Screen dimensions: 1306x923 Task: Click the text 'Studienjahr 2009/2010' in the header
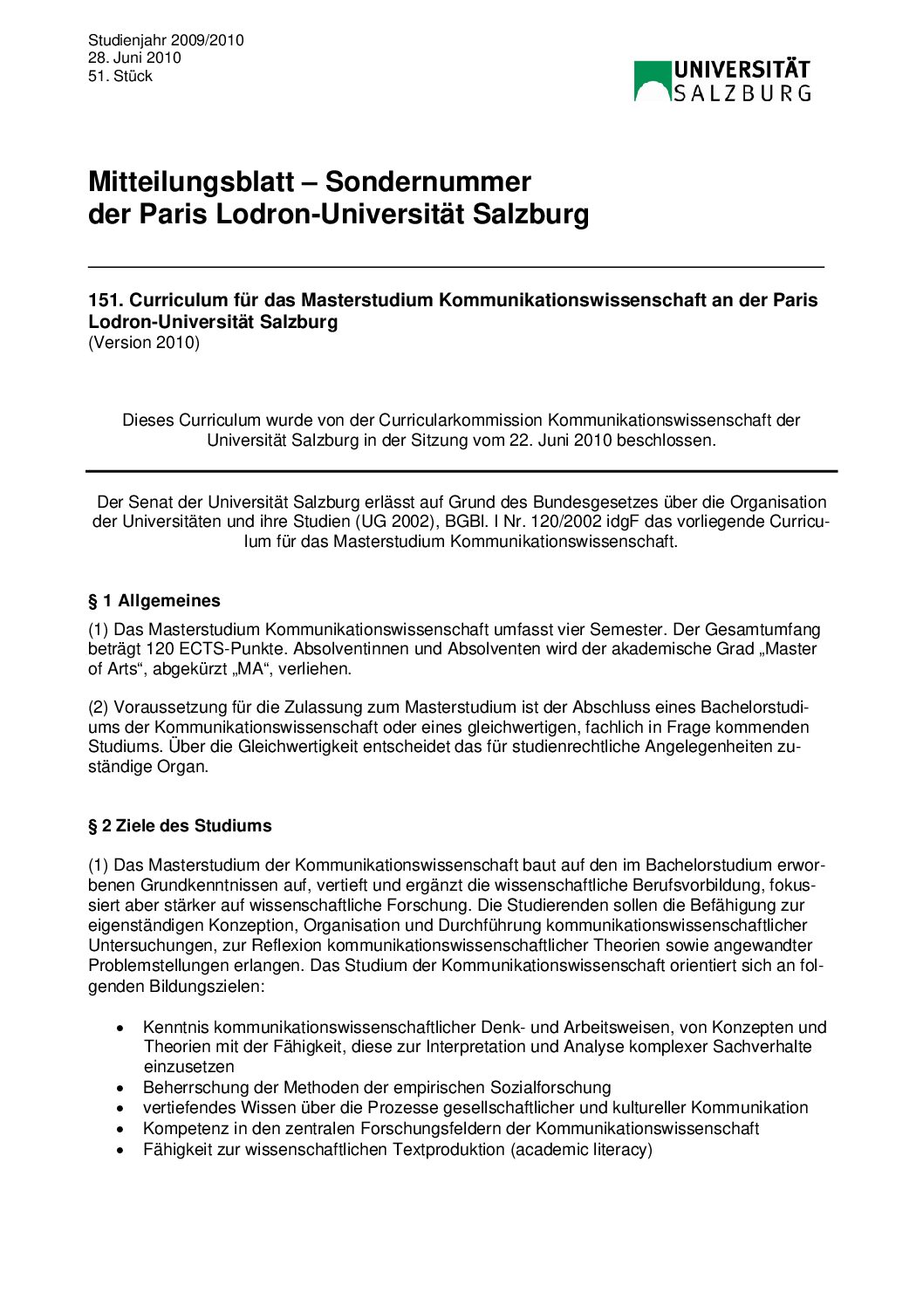click(x=166, y=40)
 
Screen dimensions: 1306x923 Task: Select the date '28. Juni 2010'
click(x=134, y=58)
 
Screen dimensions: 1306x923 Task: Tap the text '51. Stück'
click(x=120, y=76)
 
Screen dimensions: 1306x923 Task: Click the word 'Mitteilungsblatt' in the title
click(x=191, y=182)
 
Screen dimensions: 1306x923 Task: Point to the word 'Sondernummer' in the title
click(x=428, y=182)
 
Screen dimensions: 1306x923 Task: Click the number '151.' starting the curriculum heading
click(x=106, y=300)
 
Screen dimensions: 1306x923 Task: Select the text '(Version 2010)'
click(x=144, y=342)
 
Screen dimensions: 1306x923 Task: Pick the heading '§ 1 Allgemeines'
click(x=154, y=601)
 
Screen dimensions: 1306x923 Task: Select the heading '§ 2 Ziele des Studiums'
click(x=180, y=826)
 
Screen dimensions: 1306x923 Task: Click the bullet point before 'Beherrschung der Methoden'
click(x=121, y=1089)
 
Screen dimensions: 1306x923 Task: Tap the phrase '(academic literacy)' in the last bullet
click(x=581, y=1150)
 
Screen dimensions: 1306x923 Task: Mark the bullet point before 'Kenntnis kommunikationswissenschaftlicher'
click(x=121, y=1029)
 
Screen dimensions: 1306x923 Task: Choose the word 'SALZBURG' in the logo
click(x=742, y=93)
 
